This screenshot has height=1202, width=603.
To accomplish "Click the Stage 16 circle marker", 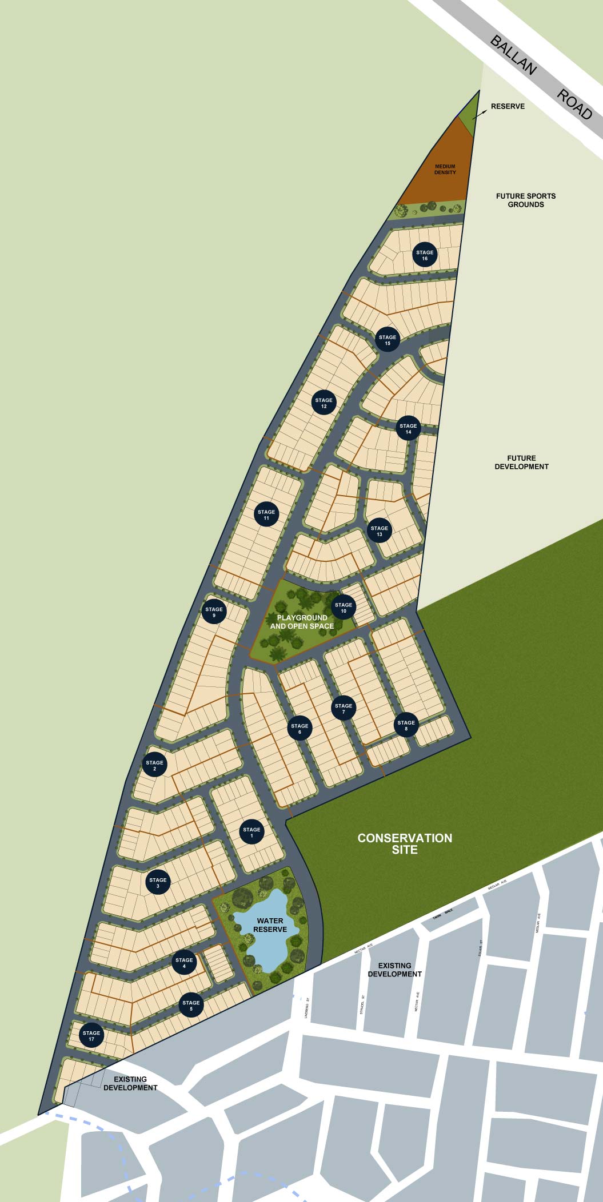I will pyautogui.click(x=425, y=255).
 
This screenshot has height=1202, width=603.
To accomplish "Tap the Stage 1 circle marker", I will pyautogui.click(x=251, y=833).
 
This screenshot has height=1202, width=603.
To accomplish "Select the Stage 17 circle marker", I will pyautogui.click(x=91, y=1036).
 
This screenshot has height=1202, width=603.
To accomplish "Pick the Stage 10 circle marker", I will pyautogui.click(x=344, y=608).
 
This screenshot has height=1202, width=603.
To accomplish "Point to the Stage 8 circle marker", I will pyautogui.click(x=406, y=725).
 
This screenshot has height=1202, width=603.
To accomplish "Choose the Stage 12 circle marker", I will pyautogui.click(x=324, y=403).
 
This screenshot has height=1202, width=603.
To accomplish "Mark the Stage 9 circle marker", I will pyautogui.click(x=214, y=612).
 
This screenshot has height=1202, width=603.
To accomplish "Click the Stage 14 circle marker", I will pyautogui.click(x=408, y=429).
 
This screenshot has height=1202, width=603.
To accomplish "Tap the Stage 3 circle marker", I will pyautogui.click(x=158, y=883).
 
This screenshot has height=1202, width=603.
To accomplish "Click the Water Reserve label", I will pyautogui.click(x=270, y=925).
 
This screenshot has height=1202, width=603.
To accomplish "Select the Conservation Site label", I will pyautogui.click(x=405, y=843).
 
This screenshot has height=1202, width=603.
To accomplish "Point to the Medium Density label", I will pyautogui.click(x=445, y=170).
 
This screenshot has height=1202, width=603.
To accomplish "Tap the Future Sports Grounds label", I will pyautogui.click(x=526, y=200).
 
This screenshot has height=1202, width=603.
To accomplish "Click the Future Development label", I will pyautogui.click(x=521, y=462).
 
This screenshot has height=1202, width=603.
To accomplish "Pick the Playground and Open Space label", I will pyautogui.click(x=302, y=622).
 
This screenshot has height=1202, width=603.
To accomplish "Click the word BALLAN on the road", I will pyautogui.click(x=513, y=55).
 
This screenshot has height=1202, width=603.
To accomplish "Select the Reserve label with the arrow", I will pyautogui.click(x=508, y=106).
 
